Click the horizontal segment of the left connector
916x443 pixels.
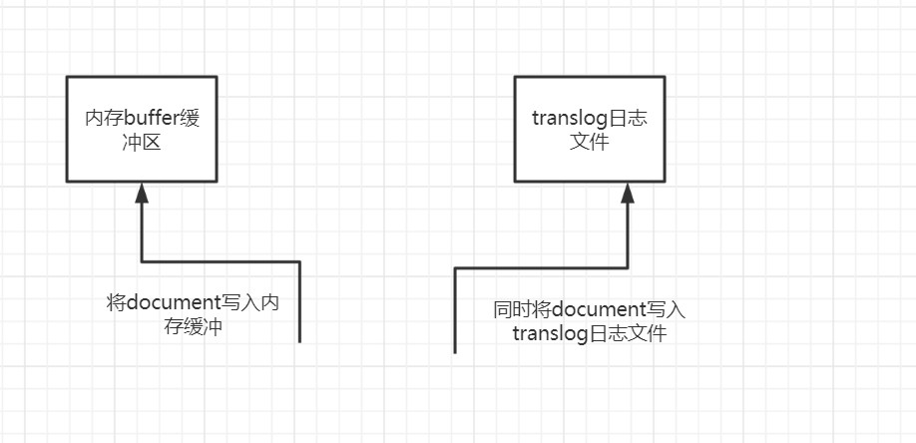pyautogui.click(x=220, y=261)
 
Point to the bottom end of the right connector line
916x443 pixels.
pyautogui.click(x=455, y=350)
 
